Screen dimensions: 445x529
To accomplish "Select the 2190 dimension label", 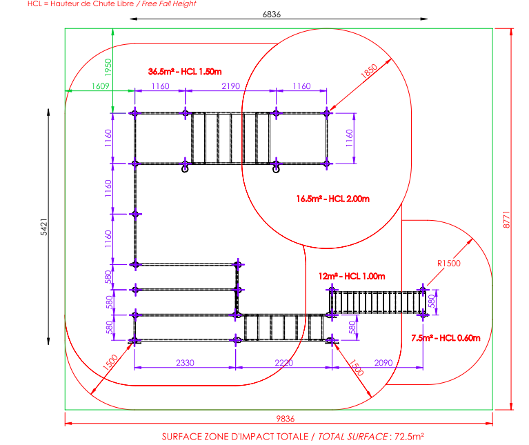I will [x=230, y=86].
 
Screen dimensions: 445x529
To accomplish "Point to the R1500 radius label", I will [x=449, y=263].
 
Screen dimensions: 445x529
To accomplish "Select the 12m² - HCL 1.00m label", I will [x=351, y=276].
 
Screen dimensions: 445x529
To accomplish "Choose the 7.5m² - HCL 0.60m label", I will [x=446, y=337].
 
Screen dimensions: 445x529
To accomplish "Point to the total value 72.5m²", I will [x=408, y=437].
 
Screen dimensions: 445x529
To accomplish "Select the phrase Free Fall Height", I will [x=170, y=4].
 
